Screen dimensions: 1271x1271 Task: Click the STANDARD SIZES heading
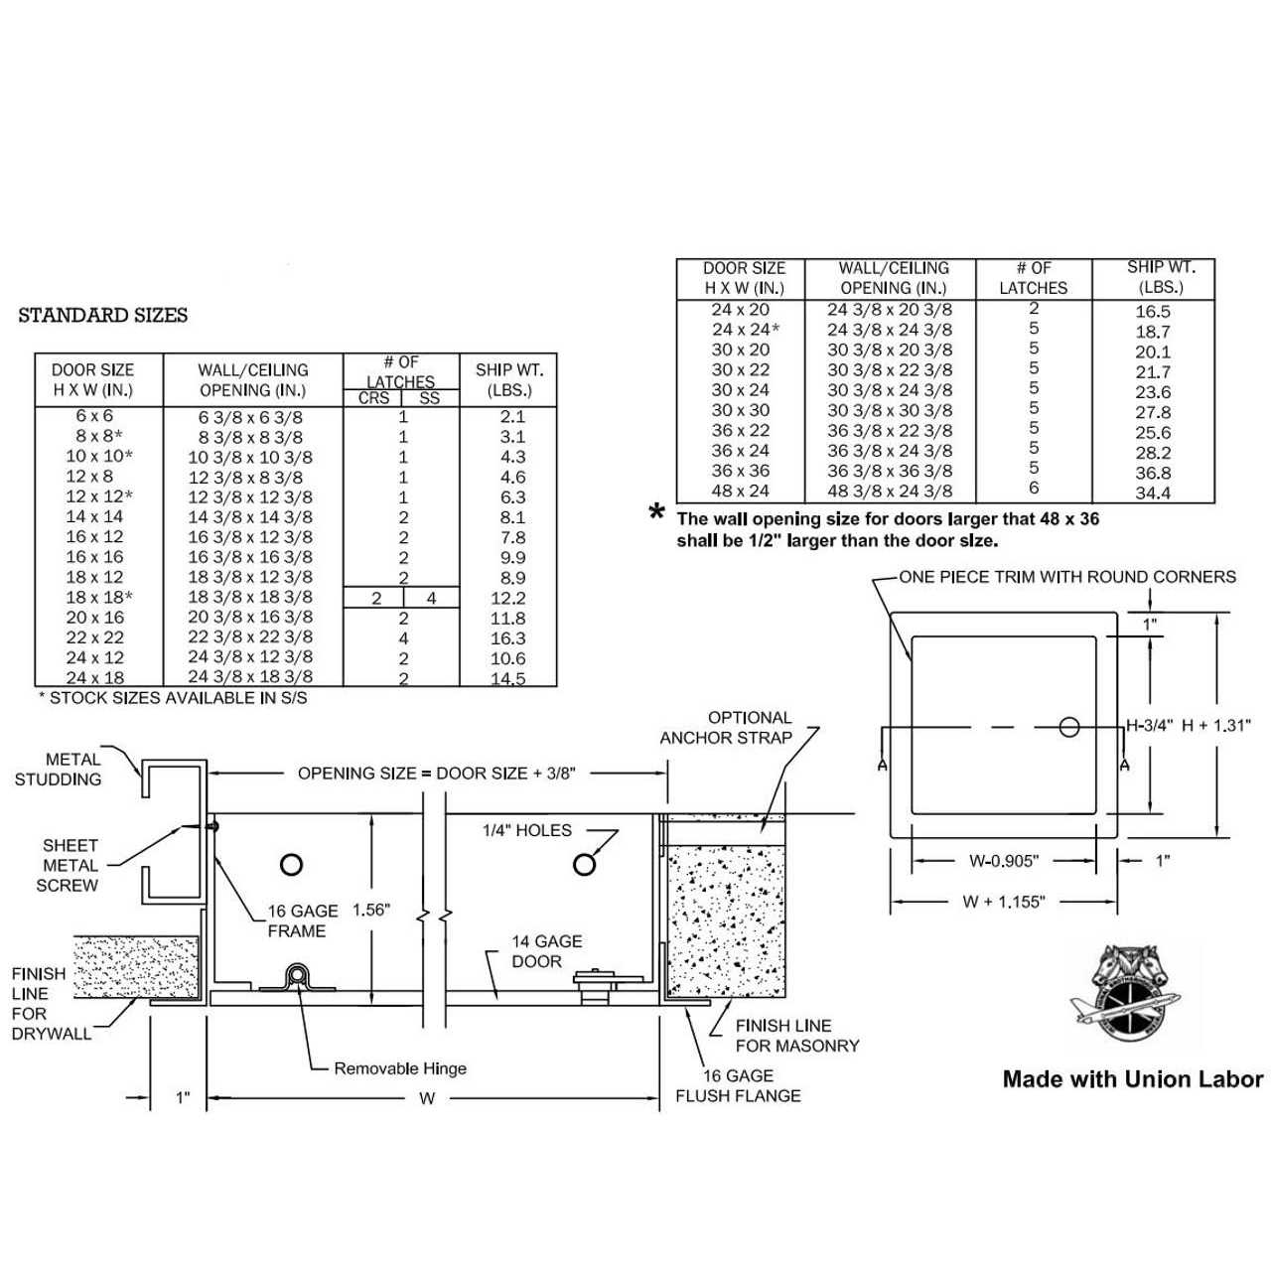103,316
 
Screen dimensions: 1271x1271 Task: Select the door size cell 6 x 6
94,416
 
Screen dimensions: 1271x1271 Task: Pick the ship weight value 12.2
508,598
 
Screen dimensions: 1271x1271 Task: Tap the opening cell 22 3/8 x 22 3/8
250,637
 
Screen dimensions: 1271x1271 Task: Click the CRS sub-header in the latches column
373,398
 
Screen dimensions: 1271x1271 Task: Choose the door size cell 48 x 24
740,491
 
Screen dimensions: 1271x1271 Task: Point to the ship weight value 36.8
1153,473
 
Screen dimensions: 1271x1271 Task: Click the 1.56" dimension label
371,910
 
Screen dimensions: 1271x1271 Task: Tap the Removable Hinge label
400,1068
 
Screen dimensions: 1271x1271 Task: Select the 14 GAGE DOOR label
546,951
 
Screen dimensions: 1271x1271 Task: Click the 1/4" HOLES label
527,830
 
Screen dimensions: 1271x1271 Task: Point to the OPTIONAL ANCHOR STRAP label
727,728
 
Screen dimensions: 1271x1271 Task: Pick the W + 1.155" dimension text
1003,903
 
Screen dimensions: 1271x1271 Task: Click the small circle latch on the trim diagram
1068,727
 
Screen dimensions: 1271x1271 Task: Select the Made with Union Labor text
1133,1079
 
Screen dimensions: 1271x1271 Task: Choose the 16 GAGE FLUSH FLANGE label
738,1085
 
